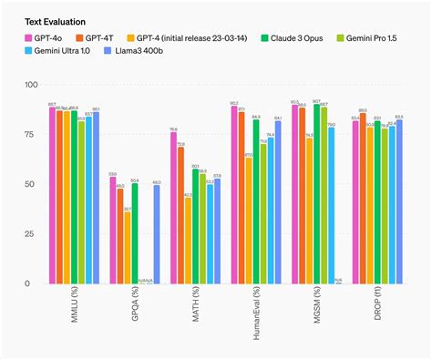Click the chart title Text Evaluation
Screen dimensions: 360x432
click(56, 20)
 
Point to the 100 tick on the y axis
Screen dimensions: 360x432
click(31, 85)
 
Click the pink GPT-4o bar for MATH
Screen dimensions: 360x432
click(173, 209)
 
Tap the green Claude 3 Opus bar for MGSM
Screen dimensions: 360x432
click(316, 194)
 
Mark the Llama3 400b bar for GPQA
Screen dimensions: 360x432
click(157, 234)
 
